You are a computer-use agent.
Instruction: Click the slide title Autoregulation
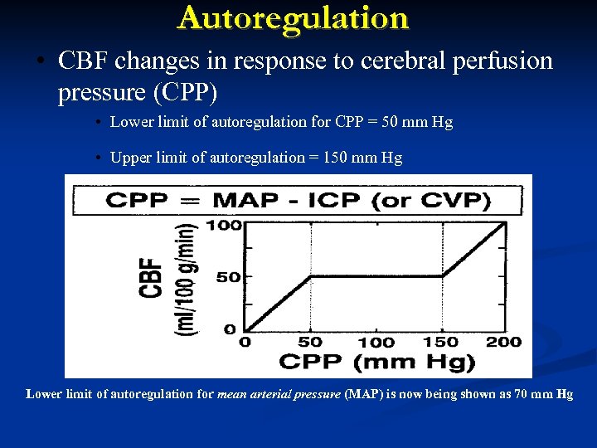point(293,18)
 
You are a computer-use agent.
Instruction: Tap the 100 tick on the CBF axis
point(230,225)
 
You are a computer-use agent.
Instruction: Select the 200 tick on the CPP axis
point(504,342)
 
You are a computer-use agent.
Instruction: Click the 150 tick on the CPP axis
point(439,342)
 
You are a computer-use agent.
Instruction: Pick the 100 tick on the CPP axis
point(376,342)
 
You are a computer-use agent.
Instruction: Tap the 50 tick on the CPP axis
point(310,342)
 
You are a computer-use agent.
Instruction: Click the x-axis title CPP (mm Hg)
point(377,362)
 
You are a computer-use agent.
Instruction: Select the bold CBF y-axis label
point(153,277)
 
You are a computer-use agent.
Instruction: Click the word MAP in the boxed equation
point(245,201)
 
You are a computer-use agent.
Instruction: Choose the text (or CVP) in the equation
point(434,201)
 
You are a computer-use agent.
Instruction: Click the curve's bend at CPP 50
point(311,277)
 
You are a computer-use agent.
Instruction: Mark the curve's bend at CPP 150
point(441,277)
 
